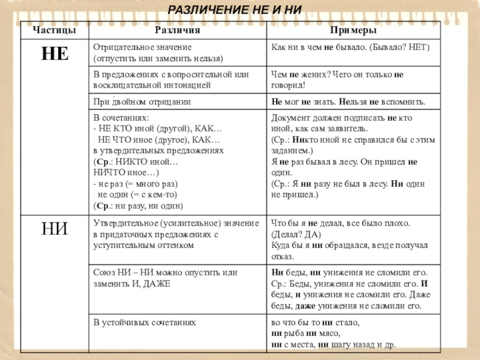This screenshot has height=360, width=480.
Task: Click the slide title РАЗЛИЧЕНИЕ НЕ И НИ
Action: [x=234, y=10]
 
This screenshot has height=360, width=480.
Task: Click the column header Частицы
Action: [x=55, y=29]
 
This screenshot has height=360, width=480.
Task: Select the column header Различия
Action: [x=177, y=29]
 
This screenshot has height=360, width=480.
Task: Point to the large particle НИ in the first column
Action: [x=55, y=229]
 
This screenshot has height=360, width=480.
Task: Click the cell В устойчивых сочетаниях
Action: [x=145, y=322]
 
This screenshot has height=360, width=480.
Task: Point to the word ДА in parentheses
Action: [x=314, y=234]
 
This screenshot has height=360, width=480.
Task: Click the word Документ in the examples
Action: [x=291, y=118]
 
